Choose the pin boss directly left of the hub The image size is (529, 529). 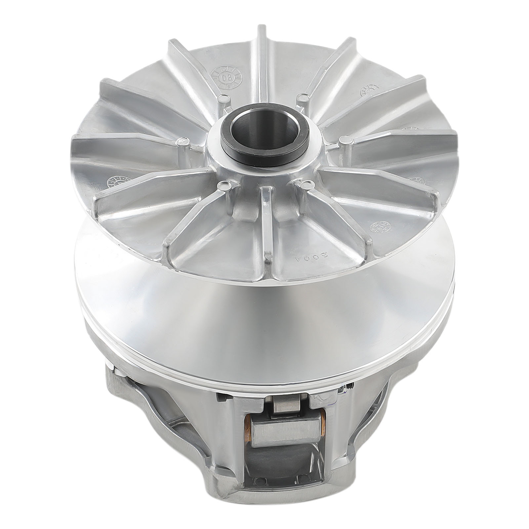182,142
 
